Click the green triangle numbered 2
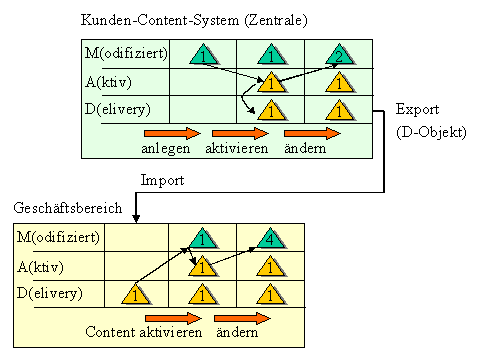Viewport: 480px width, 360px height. pyautogui.click(x=339, y=54)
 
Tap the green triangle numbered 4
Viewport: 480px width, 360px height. pyautogui.click(x=270, y=239)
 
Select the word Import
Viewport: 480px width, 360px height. pyautogui.click(x=162, y=180)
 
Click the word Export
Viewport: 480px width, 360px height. pyautogui.click(x=417, y=109)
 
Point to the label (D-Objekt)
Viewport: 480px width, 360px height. pyautogui.click(x=431, y=132)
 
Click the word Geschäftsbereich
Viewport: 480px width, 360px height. pyautogui.click(x=68, y=208)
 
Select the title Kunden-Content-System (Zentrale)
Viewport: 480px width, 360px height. pyautogui.click(x=194, y=20)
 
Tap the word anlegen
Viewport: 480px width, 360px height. pyautogui.click(x=166, y=149)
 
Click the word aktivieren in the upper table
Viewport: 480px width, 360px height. pyautogui.click(x=237, y=148)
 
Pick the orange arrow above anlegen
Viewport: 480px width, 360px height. pyautogui.click(x=172, y=133)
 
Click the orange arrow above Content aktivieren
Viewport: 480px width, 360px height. pyautogui.click(x=173, y=318)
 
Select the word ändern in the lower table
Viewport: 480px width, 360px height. pyautogui.click(x=237, y=332)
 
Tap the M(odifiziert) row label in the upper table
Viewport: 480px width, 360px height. pyautogui.click(x=126, y=53)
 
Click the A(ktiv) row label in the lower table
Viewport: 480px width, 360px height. pyautogui.click(x=40, y=267)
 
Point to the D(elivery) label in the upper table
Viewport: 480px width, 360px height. pyautogui.click(x=117, y=109)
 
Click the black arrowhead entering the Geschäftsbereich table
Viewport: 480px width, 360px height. pyautogui.click(x=136, y=218)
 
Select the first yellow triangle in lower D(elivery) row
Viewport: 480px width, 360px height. pyautogui.click(x=135, y=294)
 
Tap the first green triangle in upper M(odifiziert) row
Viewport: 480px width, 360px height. pyautogui.click(x=203, y=54)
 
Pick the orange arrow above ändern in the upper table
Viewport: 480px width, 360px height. pyautogui.click(x=312, y=133)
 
